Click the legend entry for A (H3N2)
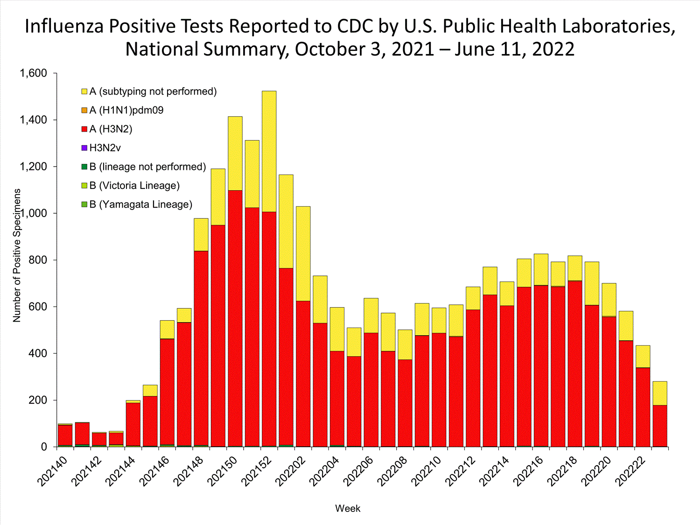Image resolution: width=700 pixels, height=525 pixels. point(111,129)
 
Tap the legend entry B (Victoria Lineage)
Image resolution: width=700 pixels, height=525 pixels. point(134,186)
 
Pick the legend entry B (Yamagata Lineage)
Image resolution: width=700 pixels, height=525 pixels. point(140,204)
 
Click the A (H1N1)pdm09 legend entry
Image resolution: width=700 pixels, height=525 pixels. point(126,111)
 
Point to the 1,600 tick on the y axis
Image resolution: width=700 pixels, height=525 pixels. point(33,73)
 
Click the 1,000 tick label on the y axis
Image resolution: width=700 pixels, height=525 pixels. point(33,213)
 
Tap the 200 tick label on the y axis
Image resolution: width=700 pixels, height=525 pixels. point(38,400)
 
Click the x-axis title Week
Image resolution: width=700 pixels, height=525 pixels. point(348,509)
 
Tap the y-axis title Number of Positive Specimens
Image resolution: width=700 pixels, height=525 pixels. point(17,255)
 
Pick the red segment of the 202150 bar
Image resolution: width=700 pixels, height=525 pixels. point(235,317)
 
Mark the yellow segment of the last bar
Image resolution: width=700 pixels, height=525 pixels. point(660,393)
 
